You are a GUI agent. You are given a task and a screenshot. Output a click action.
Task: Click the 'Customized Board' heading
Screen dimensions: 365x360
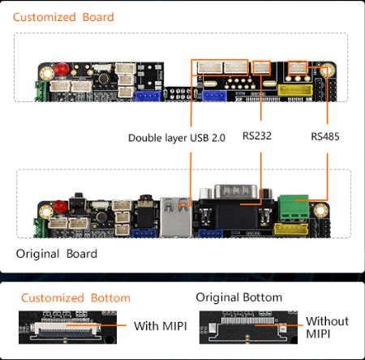pyautogui.click(x=63, y=17)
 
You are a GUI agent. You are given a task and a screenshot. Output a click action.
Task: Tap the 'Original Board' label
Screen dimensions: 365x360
pyautogui.click(x=57, y=254)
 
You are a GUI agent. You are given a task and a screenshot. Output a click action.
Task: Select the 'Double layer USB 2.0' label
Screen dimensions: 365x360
pyautogui.click(x=177, y=138)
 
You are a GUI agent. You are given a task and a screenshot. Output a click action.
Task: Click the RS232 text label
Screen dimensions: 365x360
pyautogui.click(x=257, y=135)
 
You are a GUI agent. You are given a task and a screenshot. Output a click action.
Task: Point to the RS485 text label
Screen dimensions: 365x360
pyautogui.click(x=325, y=136)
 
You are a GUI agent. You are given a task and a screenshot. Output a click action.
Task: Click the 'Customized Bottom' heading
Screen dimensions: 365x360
pyautogui.click(x=75, y=298)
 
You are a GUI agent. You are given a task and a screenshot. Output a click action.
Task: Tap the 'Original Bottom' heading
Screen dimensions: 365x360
pyautogui.click(x=239, y=298)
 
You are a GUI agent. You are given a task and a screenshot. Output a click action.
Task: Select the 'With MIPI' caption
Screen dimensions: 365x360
pyautogui.click(x=161, y=326)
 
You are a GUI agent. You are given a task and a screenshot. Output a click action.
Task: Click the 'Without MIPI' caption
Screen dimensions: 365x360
pyautogui.click(x=327, y=328)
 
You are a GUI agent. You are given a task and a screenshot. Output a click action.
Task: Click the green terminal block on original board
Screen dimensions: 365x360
pyautogui.click(x=293, y=207)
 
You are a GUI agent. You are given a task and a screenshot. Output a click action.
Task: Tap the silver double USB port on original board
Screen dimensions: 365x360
pyautogui.click(x=176, y=217)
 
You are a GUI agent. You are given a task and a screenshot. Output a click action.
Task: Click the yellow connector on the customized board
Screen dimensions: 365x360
pyautogui.click(x=295, y=91)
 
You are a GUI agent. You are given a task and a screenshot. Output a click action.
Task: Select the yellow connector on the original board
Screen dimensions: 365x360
pyautogui.click(x=291, y=229)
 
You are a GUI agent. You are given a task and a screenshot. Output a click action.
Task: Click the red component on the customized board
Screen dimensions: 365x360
pyautogui.click(x=62, y=69)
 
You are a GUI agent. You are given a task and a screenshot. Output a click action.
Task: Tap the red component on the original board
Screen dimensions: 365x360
pyautogui.click(x=60, y=207)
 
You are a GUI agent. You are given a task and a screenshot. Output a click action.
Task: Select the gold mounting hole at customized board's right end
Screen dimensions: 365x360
pyautogui.click(x=327, y=71)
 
